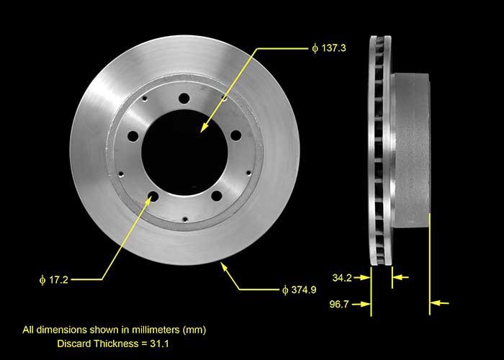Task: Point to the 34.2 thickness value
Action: tap(342, 276)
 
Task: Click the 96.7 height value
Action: tap(342, 304)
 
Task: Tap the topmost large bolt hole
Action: tap(184, 99)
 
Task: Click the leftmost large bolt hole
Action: tap(133, 135)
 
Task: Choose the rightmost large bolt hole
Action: tap(235, 133)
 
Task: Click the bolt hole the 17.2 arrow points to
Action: tap(153, 196)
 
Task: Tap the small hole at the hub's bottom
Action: tap(185, 219)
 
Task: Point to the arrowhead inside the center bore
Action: tap(204, 129)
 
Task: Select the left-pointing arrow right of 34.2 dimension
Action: tap(400, 276)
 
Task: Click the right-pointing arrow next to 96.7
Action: tap(365, 304)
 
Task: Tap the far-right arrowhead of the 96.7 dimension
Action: tap(434, 304)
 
